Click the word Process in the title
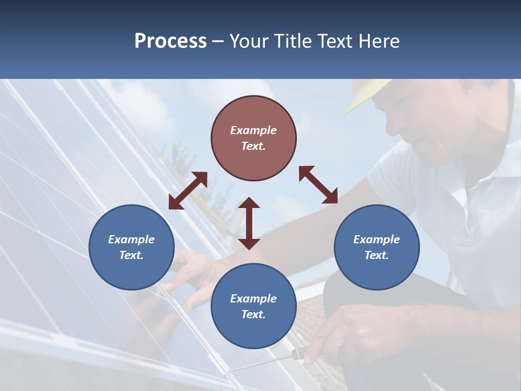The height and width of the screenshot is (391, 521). pyautogui.click(x=170, y=41)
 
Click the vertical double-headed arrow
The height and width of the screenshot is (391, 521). pyautogui.click(x=249, y=223)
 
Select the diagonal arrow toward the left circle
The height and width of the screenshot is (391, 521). pyautogui.click(x=188, y=191)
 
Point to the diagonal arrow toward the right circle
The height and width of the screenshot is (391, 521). pyautogui.click(x=319, y=185)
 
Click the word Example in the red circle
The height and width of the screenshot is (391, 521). pyautogui.click(x=253, y=130)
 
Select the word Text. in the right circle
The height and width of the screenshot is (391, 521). pyautogui.click(x=377, y=255)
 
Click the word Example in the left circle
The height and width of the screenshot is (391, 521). pyautogui.click(x=131, y=239)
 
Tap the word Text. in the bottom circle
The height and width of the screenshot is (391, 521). pyautogui.click(x=253, y=314)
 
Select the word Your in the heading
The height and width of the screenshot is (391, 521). pyautogui.click(x=246, y=41)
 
